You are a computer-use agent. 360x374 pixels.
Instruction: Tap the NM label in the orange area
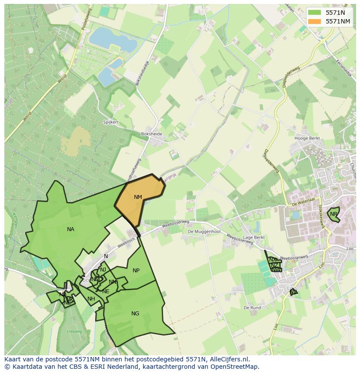(138, 197)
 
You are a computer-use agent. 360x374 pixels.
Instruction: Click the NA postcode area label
(70, 229)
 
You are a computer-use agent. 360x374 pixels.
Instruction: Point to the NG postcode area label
(135, 314)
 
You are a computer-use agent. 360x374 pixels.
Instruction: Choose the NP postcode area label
(136, 271)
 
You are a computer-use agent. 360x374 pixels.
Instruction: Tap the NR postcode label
(333, 214)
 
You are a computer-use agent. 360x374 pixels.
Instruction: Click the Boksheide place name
(151, 134)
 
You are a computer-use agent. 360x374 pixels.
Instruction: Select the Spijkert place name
(111, 122)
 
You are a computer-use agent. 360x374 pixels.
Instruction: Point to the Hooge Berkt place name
(307, 139)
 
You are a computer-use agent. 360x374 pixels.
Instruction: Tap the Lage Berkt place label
(254, 238)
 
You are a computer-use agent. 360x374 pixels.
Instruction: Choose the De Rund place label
(252, 308)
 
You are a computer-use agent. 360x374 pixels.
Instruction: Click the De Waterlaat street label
(303, 203)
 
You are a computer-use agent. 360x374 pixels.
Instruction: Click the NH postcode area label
(91, 299)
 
